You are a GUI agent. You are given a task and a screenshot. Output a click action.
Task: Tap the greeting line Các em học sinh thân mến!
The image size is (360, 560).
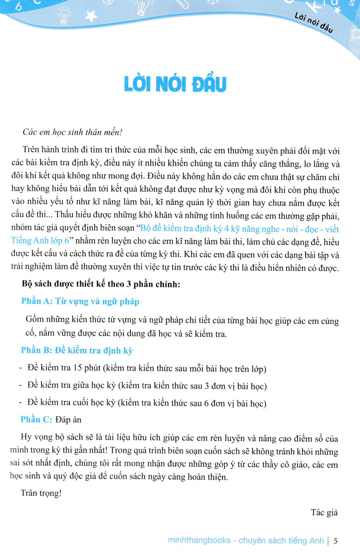click(x=72, y=132)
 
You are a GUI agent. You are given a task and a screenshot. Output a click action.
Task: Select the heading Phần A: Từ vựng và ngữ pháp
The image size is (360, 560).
click(x=80, y=301)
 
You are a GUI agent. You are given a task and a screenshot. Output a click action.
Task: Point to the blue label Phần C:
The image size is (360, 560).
click(x=36, y=419)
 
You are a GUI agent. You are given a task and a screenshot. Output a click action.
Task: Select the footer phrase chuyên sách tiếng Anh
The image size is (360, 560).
click(x=278, y=541)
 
